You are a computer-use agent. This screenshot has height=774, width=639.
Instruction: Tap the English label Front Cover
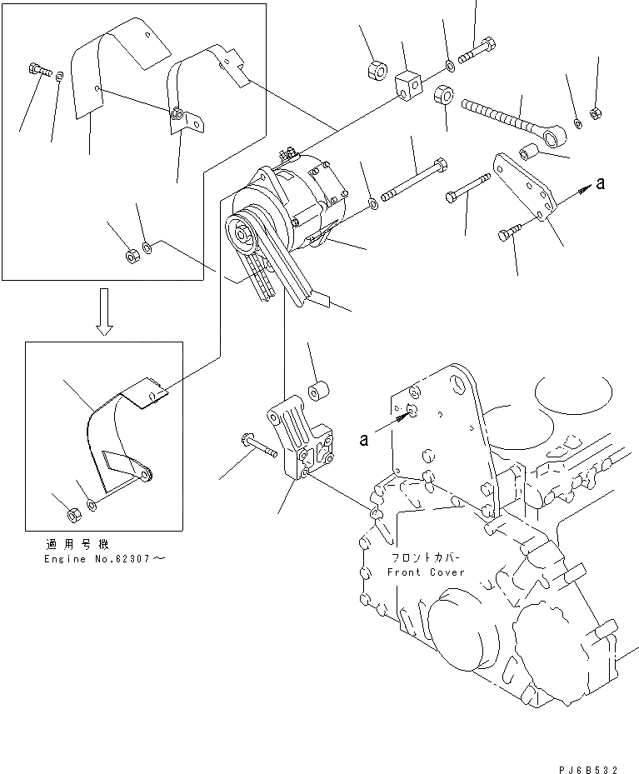pos(426,572)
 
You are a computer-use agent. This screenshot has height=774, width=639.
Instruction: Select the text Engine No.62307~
pos(104,558)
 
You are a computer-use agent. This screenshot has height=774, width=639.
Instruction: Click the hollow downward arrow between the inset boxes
pos(104,311)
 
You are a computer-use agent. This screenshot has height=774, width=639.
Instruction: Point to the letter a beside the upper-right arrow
pos(601,184)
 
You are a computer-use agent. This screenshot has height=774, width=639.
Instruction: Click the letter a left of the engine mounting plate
pos(364,439)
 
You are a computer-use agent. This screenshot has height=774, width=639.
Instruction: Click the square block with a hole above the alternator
pos(407,83)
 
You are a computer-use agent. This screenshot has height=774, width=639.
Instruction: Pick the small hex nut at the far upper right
pos(595,114)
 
